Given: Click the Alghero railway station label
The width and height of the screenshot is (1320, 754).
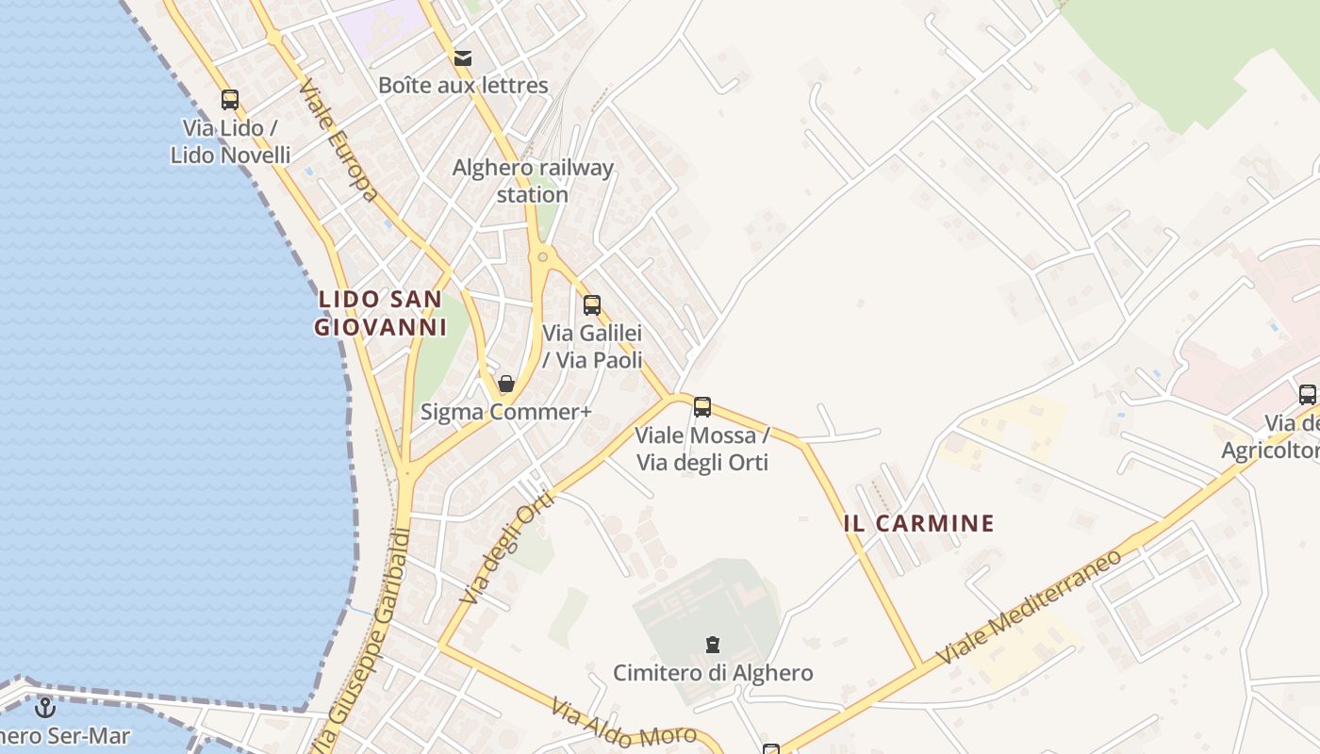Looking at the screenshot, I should (533, 181).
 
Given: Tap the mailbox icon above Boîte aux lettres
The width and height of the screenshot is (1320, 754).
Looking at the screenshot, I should (463, 58).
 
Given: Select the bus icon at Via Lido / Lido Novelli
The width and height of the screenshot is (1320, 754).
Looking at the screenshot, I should (230, 99).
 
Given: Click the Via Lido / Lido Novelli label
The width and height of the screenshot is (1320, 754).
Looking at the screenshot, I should (230, 141).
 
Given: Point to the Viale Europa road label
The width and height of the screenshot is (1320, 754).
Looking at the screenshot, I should (338, 141).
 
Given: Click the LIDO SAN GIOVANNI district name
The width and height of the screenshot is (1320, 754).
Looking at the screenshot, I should (379, 313).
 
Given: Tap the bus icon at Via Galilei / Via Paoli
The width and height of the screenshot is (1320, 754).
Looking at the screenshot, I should (592, 304).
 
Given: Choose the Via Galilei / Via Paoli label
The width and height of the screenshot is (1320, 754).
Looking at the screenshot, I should (592, 346).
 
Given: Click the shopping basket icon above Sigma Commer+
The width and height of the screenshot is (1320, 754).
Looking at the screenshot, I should (506, 384).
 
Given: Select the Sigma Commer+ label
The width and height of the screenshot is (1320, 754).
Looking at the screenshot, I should (506, 412).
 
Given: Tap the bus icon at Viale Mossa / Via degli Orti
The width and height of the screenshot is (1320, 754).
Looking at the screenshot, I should (702, 407).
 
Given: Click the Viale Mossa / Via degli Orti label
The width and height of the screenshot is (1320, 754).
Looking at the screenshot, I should (702, 449).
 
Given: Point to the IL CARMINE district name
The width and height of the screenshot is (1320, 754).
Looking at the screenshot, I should (919, 523).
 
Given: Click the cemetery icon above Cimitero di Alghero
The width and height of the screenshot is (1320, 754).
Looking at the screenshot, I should (713, 645).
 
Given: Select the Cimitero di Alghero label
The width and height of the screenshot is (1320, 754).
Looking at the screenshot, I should (713, 673).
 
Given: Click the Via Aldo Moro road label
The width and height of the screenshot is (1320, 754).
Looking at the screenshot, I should (624, 723).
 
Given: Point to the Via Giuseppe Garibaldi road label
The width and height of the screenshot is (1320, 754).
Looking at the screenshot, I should (369, 641).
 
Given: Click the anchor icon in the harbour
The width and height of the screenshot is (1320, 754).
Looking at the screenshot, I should (44, 707).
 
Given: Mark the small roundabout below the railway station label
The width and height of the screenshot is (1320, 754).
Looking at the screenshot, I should (542, 256).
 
